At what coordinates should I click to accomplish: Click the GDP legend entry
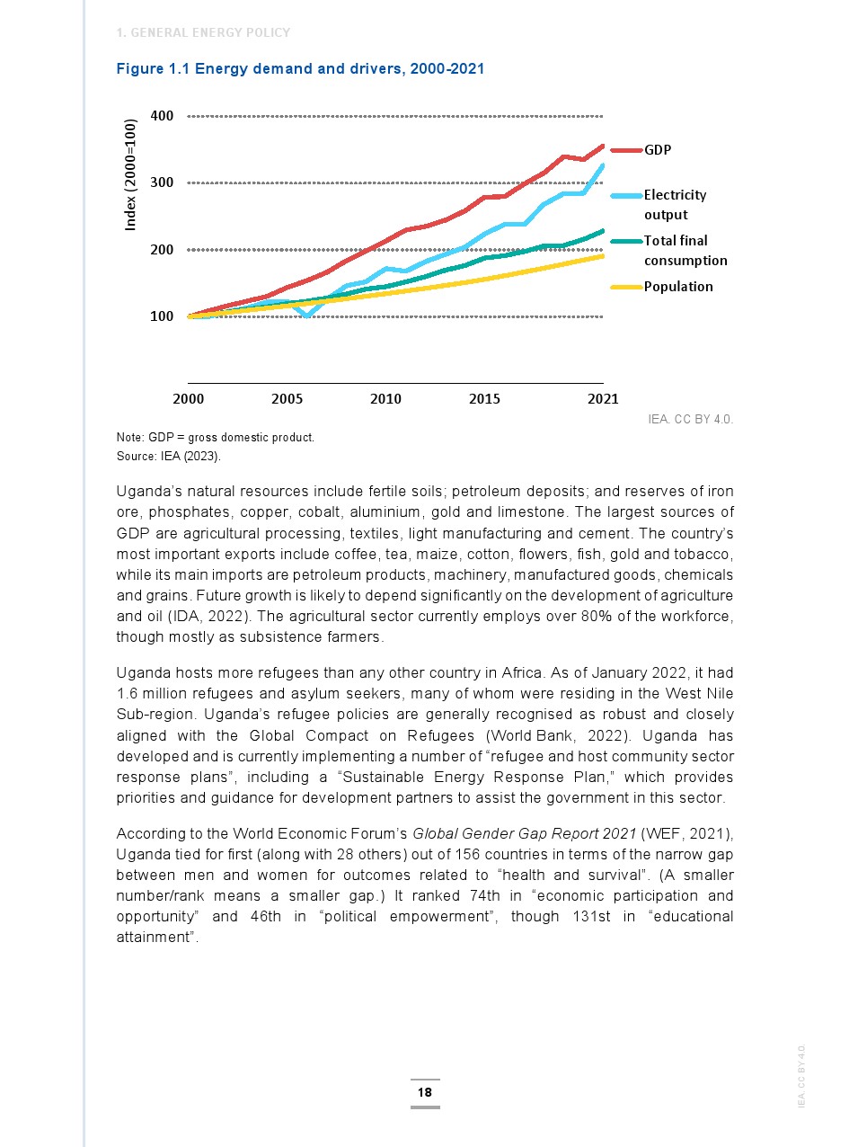tap(657, 150)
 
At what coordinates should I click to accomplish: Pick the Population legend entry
tap(677, 287)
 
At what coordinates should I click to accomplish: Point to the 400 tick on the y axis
tap(162, 116)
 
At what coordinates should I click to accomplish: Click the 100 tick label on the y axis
tap(162, 316)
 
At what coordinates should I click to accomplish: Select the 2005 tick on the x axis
tap(287, 398)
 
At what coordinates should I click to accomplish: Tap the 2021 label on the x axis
tap(603, 398)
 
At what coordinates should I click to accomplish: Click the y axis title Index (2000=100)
tap(130, 174)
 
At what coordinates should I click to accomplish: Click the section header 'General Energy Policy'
tap(204, 33)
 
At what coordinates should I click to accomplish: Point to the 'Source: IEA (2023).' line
tap(168, 456)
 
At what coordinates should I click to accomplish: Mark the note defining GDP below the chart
tap(216, 438)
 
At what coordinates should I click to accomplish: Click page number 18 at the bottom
tap(424, 1092)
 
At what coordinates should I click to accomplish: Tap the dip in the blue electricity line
tap(307, 316)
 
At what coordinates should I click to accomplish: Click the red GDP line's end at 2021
tap(603, 146)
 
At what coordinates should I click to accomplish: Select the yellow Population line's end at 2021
tap(603, 256)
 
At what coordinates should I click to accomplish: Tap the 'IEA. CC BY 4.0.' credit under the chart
tap(690, 419)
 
